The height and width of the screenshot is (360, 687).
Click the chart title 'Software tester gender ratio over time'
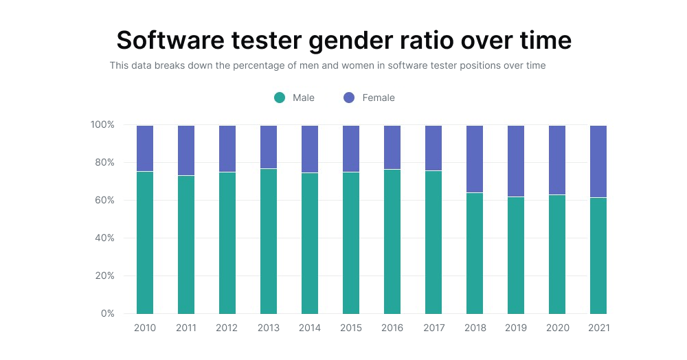click(343, 41)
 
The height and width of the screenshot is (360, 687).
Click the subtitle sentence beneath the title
click(328, 66)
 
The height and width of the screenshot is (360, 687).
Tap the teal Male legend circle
click(280, 98)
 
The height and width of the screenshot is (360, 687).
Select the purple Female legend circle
click(349, 98)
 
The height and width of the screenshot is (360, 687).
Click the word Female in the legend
click(379, 98)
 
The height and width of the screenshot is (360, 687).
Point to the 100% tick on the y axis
click(102, 125)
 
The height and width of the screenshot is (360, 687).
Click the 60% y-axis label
click(104, 201)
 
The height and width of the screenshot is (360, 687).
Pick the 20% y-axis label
click(104, 276)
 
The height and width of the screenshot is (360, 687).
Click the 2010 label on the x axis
click(145, 328)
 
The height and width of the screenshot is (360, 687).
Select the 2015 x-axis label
click(351, 328)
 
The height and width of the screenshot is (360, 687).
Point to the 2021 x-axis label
click(598, 328)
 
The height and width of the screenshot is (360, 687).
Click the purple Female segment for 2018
click(475, 159)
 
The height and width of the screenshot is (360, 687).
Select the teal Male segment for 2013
click(269, 241)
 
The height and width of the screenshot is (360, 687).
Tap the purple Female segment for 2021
click(598, 161)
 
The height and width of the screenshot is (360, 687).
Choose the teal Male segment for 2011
click(186, 245)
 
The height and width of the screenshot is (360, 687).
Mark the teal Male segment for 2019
click(516, 256)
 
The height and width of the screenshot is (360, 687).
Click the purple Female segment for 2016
click(392, 147)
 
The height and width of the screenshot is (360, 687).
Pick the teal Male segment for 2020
click(557, 254)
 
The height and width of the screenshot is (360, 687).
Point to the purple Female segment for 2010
click(145, 148)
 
